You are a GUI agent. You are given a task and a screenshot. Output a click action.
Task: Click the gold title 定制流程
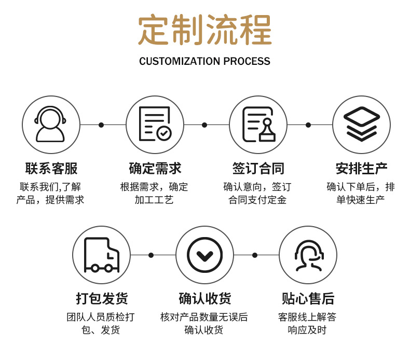tap(205, 31)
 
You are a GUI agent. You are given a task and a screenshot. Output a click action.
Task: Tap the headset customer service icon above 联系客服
tap(51, 124)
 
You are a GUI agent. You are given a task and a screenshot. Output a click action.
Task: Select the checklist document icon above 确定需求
tap(154, 124)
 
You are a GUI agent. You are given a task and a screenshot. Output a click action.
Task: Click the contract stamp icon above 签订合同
tap(258, 124)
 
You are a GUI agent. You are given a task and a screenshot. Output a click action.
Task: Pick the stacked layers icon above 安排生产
tap(361, 124)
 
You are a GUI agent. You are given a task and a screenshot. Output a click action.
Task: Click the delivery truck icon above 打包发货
tap(101, 255)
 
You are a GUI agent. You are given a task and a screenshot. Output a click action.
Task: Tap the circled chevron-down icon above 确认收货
tap(204, 255)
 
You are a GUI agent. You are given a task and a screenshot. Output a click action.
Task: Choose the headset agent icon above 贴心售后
tap(308, 255)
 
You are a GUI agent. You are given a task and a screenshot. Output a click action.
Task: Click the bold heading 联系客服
tap(51, 169)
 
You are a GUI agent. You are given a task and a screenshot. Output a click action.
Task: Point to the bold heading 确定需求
tap(155, 169)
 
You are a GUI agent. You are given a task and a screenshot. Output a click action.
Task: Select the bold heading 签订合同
tap(258, 169)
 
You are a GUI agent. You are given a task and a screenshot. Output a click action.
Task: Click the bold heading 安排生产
tap(361, 169)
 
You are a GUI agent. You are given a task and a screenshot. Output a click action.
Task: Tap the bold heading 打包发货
tap(101, 299)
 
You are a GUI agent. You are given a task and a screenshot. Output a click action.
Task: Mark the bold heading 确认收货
tap(204, 299)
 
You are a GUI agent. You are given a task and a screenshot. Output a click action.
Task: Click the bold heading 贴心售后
tap(308, 299)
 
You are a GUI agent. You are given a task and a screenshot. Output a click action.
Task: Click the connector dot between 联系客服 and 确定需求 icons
tap(101, 125)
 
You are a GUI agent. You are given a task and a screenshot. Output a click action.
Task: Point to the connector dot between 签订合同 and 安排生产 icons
tap(308, 125)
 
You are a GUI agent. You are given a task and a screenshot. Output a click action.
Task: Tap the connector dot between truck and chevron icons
tap(151, 255)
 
